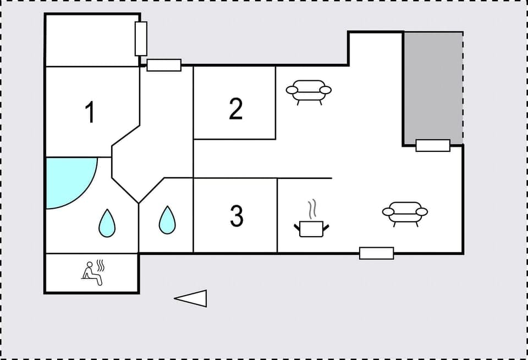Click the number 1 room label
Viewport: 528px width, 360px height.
[x=90, y=113]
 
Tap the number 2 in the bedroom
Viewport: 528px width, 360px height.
[x=236, y=109]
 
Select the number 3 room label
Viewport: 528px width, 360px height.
[x=236, y=216]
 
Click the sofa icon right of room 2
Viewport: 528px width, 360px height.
[x=309, y=91]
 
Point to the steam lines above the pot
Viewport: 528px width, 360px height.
[x=312, y=209]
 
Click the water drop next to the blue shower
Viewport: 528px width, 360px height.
[x=107, y=223]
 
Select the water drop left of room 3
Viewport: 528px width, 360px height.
[x=167, y=219]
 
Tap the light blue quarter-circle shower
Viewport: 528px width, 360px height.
[x=66, y=179]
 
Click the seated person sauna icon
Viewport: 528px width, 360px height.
[x=92, y=273]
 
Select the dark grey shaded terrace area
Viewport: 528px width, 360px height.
[x=433, y=85]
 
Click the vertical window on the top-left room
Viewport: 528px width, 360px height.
[x=141, y=39]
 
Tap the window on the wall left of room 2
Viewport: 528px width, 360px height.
[x=164, y=65]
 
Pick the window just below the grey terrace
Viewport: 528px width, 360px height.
[x=433, y=145]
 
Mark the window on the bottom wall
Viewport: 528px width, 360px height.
[x=376, y=253]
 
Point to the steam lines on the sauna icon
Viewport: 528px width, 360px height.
[x=100, y=266]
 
